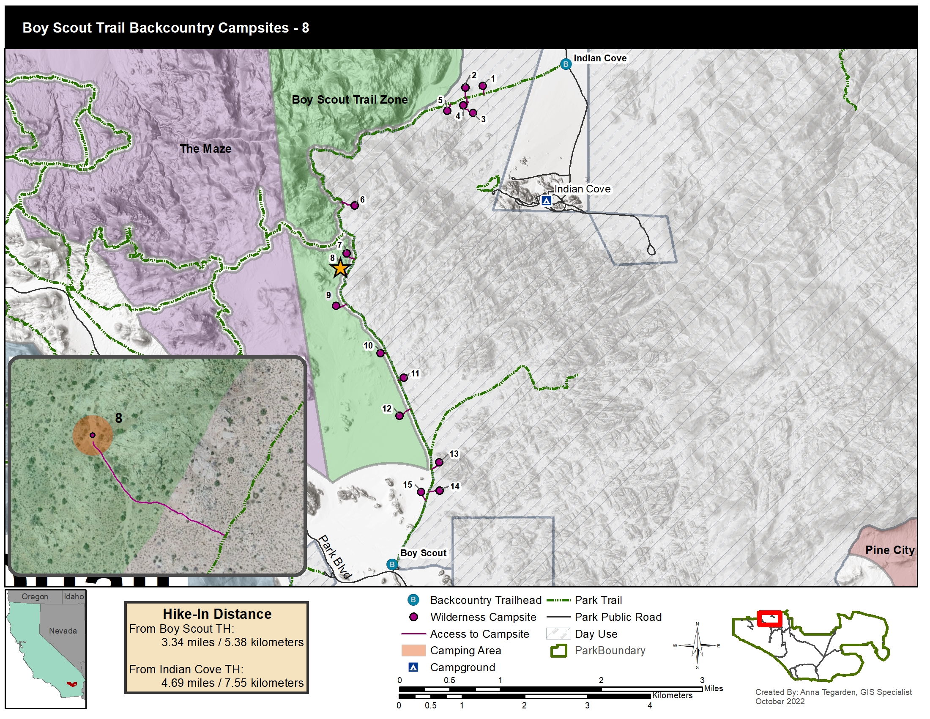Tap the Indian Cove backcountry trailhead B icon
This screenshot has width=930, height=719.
click(x=566, y=64)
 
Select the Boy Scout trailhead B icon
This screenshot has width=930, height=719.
click(x=392, y=565)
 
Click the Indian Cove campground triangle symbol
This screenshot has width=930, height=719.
click(x=546, y=200)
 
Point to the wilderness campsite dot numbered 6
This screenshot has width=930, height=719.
click(x=354, y=205)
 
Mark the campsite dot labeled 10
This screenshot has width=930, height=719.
click(x=380, y=353)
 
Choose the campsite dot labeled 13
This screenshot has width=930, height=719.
click(x=439, y=463)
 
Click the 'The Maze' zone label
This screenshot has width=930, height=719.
click(x=205, y=148)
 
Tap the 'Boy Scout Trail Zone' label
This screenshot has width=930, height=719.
click(x=349, y=100)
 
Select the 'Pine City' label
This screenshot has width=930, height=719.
click(x=889, y=550)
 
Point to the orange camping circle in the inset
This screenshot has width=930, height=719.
click(x=93, y=435)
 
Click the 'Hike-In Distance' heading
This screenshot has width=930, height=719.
click(x=217, y=614)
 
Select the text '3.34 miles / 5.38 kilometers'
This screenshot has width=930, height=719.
click(x=232, y=642)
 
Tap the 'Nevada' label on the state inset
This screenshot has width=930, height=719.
click(x=63, y=631)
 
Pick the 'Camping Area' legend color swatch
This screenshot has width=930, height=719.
click(x=413, y=650)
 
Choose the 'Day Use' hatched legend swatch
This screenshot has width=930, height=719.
click(x=558, y=634)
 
